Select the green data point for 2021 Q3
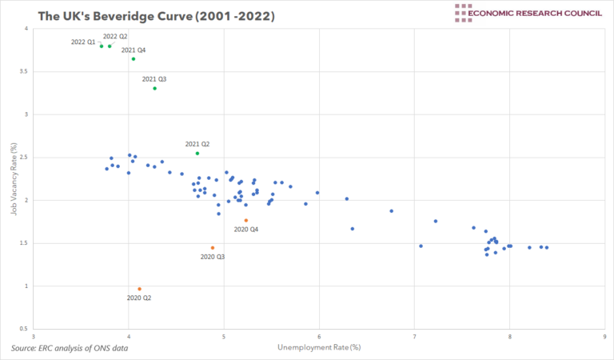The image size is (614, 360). pyautogui.click(x=154, y=88)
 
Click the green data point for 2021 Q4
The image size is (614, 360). pyautogui.click(x=134, y=58)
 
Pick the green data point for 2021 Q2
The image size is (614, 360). pyautogui.click(x=197, y=153)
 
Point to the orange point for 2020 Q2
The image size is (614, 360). pyautogui.click(x=139, y=289)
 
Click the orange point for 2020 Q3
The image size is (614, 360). pyautogui.click(x=213, y=247)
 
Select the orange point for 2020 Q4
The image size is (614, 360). pyautogui.click(x=246, y=220)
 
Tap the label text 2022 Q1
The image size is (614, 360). pyautogui.click(x=83, y=42)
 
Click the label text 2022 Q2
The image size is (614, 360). pyautogui.click(x=115, y=36)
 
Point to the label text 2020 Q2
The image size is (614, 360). pyautogui.click(x=139, y=298)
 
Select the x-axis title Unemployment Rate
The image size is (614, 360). pyautogui.click(x=319, y=347)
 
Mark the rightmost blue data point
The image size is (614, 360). pyautogui.click(x=547, y=247)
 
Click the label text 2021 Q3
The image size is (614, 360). pyautogui.click(x=154, y=78)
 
